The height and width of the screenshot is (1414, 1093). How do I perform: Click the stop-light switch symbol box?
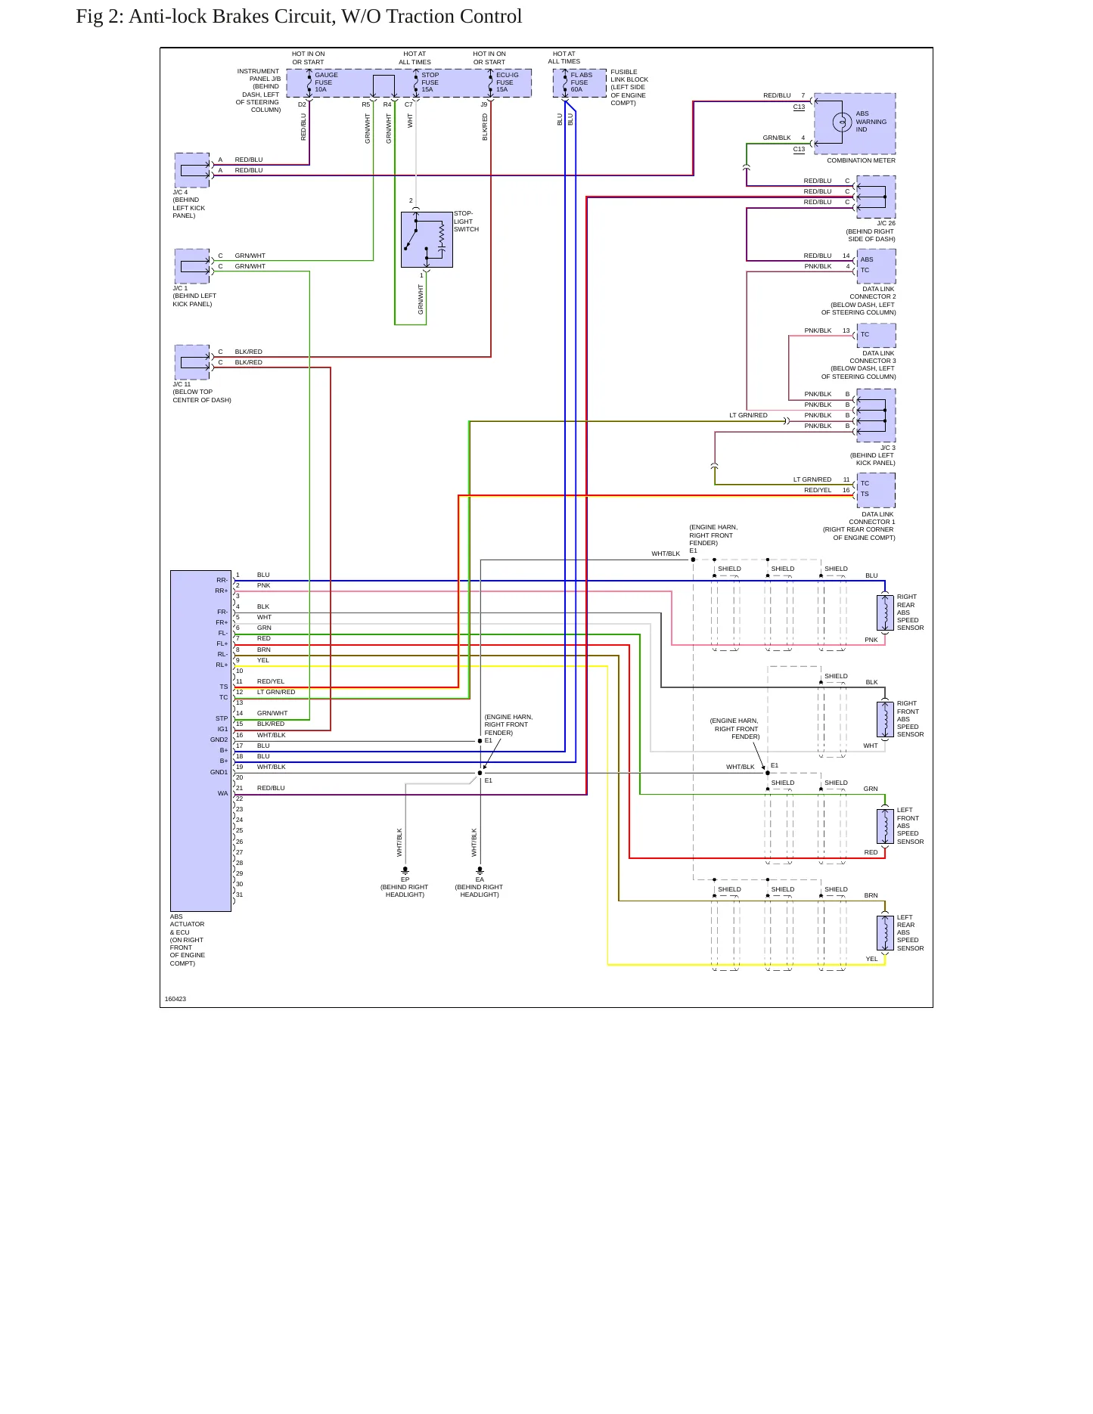pyautogui.click(x=427, y=240)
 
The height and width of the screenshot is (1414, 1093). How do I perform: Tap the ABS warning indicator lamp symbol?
pyautogui.click(x=842, y=122)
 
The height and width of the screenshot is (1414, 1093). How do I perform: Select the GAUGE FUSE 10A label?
pyautogui.click(x=326, y=82)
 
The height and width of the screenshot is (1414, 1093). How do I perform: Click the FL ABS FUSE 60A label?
pyautogui.click(x=582, y=82)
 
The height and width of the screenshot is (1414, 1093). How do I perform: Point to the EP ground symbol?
pyautogui.click(x=405, y=870)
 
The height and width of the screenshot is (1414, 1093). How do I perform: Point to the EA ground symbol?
pyautogui.click(x=480, y=870)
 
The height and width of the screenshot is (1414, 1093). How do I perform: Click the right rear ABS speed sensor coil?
pyautogui.click(x=884, y=612)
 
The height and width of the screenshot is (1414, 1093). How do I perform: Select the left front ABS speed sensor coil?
pyautogui.click(x=884, y=826)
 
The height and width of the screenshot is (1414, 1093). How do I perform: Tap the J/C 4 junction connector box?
pyautogui.click(x=192, y=170)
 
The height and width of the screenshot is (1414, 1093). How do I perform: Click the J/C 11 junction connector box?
pyautogui.click(x=192, y=362)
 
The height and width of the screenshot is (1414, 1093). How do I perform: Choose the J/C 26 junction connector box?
pyautogui.click(x=876, y=197)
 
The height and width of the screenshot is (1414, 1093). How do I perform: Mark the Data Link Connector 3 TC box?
pyautogui.click(x=876, y=335)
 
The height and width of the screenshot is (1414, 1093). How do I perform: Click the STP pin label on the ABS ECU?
pyautogui.click(x=222, y=719)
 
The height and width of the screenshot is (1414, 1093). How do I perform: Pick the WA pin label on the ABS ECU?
pyautogui.click(x=222, y=794)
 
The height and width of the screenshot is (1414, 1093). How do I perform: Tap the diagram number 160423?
pyautogui.click(x=175, y=999)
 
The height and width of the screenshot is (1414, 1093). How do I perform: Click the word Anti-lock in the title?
pyautogui.click(x=166, y=17)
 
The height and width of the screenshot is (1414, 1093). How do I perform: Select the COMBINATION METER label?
pyautogui.click(x=861, y=160)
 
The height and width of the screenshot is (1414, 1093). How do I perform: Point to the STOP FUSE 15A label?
pyautogui.click(x=430, y=82)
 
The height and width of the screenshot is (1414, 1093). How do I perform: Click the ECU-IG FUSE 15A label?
pyautogui.click(x=507, y=82)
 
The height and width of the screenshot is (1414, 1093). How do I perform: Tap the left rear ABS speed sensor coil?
pyautogui.click(x=884, y=933)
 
